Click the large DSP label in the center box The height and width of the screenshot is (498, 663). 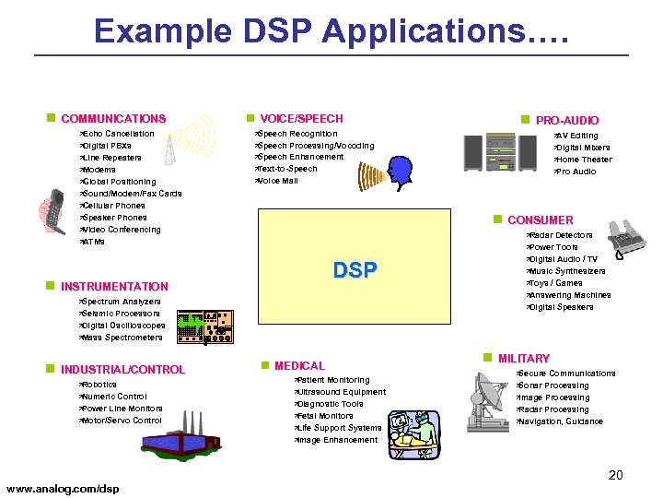click(355, 270)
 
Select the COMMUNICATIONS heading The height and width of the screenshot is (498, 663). click(113, 119)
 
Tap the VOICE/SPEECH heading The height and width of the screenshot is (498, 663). click(301, 119)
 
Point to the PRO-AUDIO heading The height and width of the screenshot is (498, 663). click(566, 121)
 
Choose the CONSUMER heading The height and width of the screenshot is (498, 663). click(540, 220)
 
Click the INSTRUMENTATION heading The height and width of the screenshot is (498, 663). click(114, 287)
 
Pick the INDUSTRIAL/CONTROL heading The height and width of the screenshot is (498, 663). click(122, 370)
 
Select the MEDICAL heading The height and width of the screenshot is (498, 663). click(299, 366)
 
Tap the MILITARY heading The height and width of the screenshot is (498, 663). click(523, 359)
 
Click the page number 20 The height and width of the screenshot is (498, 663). click(615, 475)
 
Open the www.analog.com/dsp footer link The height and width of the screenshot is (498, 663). click(63, 487)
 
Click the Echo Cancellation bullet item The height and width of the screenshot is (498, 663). click(119, 135)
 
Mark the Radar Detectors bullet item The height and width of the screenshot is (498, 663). click(561, 236)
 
